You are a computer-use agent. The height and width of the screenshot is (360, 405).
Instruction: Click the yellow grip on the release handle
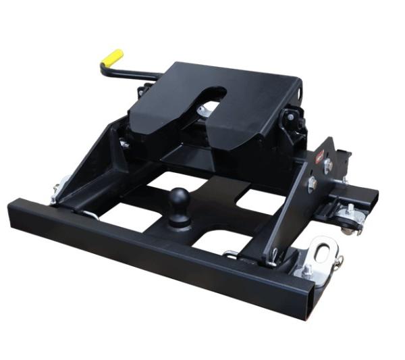[112, 58]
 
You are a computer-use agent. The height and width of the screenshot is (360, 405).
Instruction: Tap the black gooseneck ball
[179, 201]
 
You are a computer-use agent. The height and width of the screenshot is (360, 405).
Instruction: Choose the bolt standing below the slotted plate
[306, 271]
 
